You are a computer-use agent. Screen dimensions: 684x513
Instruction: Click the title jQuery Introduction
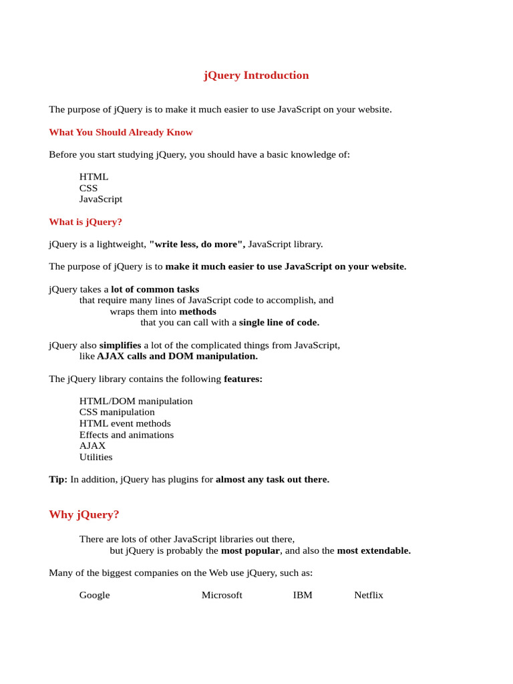pos(256,75)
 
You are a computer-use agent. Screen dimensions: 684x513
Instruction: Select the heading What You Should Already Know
pos(121,132)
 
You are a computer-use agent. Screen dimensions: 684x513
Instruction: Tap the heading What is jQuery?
pos(85,222)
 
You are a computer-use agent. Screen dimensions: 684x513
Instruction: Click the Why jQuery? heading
pos(84,514)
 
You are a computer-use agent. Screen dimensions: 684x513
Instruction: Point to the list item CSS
pos(88,188)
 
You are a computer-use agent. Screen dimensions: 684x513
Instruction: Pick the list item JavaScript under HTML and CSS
pos(101,199)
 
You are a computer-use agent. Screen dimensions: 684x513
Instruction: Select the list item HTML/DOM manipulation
pos(136,401)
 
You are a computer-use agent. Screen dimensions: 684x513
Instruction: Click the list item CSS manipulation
pos(117,412)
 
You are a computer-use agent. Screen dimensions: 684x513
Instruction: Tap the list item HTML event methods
pos(125,423)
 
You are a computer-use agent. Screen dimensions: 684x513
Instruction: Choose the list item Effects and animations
pos(126,435)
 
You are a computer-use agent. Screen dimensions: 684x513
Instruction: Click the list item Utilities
pos(96,457)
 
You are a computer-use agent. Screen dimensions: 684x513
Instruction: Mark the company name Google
pos(94,595)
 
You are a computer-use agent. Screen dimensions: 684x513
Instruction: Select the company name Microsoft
pos(222,595)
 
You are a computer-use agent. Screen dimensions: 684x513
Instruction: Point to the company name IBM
pos(303,595)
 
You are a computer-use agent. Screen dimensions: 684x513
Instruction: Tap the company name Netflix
pos(369,595)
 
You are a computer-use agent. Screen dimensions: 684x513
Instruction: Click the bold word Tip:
pos(58,480)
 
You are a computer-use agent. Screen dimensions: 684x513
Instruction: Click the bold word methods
pos(198,312)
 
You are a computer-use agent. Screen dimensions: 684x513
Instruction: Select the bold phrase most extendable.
pos(373,551)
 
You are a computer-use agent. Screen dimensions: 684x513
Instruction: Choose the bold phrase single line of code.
pos(279,323)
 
